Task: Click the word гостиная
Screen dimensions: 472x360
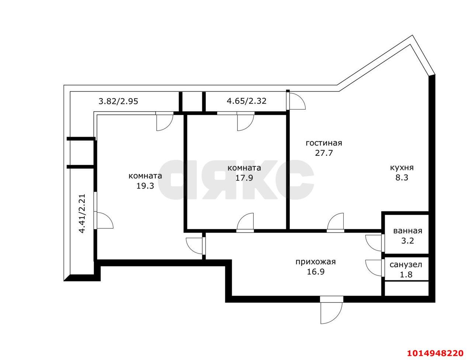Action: pyautogui.click(x=324, y=143)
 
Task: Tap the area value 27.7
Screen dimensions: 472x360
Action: pyautogui.click(x=324, y=153)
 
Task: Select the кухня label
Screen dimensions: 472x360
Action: pyautogui.click(x=402, y=168)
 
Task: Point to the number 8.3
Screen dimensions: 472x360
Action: pyautogui.click(x=402, y=178)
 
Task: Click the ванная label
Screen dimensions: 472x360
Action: pyautogui.click(x=408, y=231)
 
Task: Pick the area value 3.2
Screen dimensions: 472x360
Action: pyautogui.click(x=407, y=241)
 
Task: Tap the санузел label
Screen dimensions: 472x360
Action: pyautogui.click(x=406, y=265)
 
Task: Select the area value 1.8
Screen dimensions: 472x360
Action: pyautogui.click(x=406, y=275)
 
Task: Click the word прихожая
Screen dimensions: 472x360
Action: pyautogui.click(x=315, y=262)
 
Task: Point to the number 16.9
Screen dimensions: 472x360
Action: pyautogui.click(x=315, y=272)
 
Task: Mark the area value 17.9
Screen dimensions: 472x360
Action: pyautogui.click(x=244, y=178)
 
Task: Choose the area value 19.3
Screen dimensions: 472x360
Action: pyautogui.click(x=145, y=186)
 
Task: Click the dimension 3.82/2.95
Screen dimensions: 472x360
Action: pyautogui.click(x=118, y=101)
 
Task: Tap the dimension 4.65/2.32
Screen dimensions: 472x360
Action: pyautogui.click(x=246, y=101)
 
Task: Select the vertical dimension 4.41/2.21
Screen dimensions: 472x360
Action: pyautogui.click(x=82, y=213)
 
